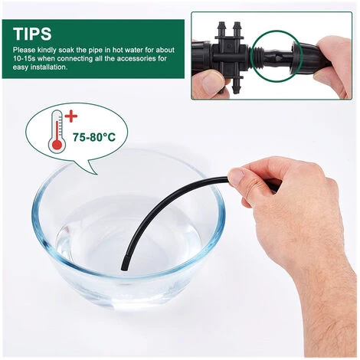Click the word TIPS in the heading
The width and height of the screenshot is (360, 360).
point(32,34)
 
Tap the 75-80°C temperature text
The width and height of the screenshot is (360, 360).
point(94,137)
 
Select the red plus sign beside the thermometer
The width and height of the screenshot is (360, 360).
point(70,117)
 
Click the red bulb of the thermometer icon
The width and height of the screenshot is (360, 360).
point(57,145)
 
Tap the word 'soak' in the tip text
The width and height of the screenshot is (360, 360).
point(67,50)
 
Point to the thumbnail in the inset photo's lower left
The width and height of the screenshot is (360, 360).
point(211,82)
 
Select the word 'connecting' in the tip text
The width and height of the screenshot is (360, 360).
point(74,59)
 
